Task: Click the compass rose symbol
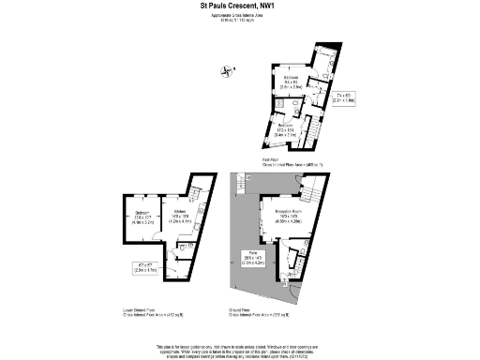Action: [x=226, y=69]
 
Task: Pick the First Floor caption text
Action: [x=292, y=162]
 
